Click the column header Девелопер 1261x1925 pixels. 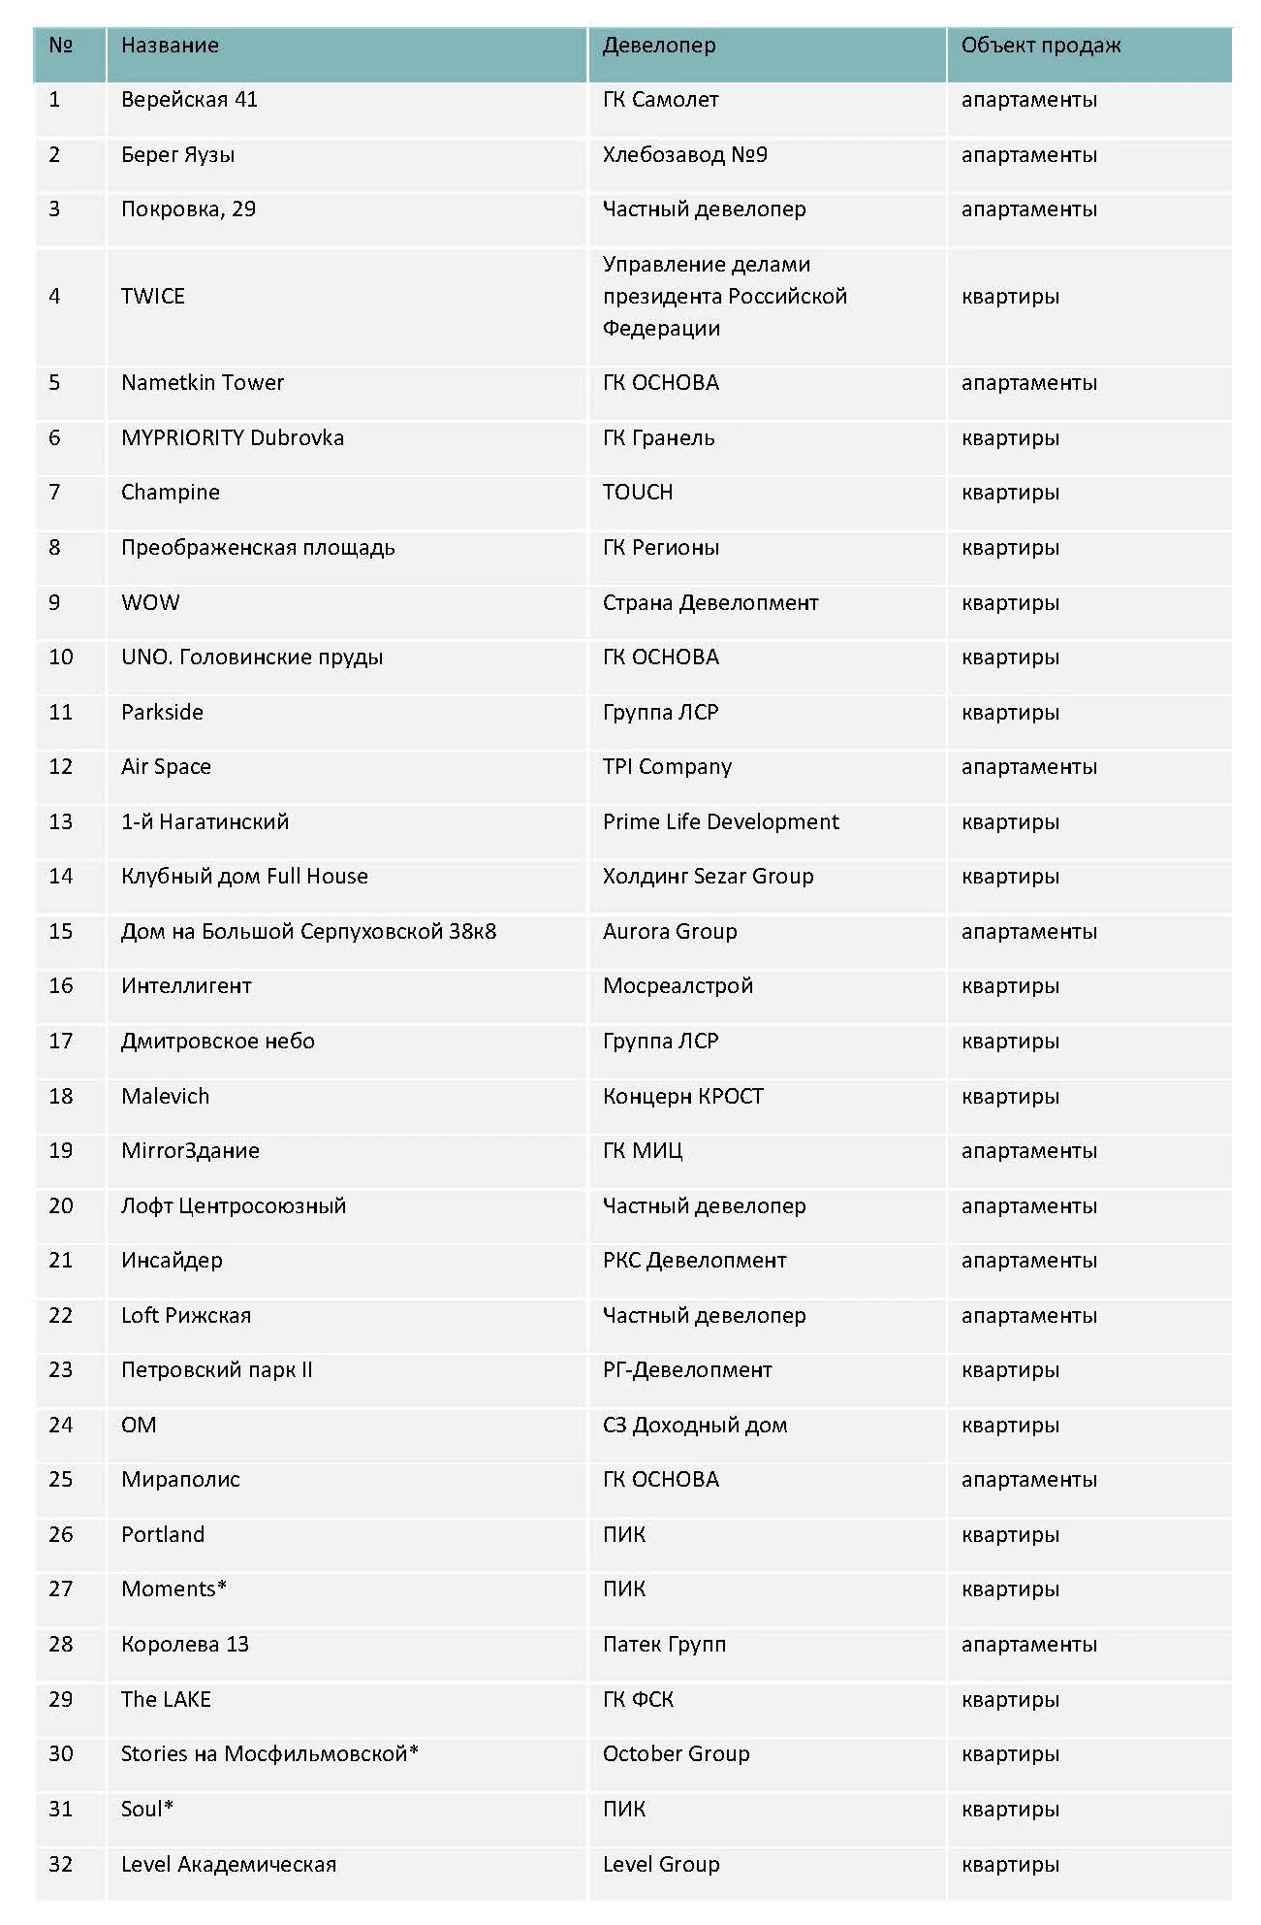[659, 46]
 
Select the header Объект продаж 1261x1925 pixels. [1040, 46]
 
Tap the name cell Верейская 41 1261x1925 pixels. [189, 100]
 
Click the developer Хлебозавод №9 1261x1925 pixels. [684, 155]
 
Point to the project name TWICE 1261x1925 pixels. [152, 297]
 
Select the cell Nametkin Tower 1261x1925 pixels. [202, 383]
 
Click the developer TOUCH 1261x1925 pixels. [637, 493]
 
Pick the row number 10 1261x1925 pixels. [60, 658]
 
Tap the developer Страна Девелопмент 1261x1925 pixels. [709, 603]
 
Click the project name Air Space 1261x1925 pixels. [166, 767]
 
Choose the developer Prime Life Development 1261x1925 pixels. [720, 822]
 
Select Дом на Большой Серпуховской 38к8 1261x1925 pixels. [308, 932]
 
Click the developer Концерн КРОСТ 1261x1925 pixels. [682, 1097]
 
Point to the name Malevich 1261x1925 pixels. [165, 1097]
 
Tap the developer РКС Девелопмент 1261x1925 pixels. [694, 1261]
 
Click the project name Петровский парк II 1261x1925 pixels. [216, 1370]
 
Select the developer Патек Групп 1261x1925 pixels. [664, 1645]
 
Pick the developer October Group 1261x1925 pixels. [676, 1754]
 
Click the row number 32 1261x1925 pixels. [60, 1864]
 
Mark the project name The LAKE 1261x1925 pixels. [166, 1699]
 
